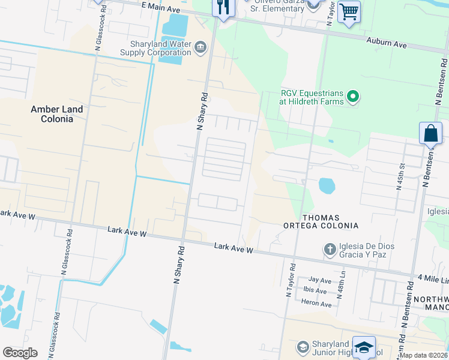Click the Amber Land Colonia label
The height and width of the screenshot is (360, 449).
point(52,114)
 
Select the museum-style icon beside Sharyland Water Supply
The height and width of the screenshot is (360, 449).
point(200,47)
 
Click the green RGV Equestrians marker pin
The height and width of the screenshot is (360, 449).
point(353,96)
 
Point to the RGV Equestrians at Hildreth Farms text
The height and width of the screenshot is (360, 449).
point(312,97)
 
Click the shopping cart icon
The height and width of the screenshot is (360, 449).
point(349,12)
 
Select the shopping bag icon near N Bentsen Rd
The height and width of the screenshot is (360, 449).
point(431,133)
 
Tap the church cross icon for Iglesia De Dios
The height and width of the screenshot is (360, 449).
point(329,248)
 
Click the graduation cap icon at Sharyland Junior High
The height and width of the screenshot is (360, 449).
point(364,347)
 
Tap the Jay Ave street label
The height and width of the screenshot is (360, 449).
point(319,280)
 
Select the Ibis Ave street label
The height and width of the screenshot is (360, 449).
point(316,291)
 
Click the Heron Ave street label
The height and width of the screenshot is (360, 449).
point(319,304)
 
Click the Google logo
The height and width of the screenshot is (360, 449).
point(20,353)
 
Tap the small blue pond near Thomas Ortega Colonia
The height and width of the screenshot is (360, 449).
point(327,185)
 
